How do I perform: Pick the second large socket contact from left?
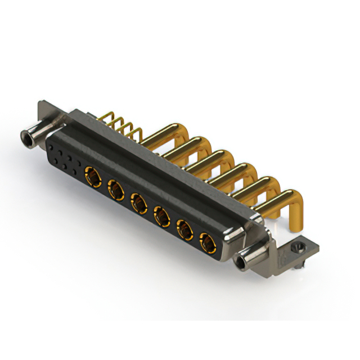point(115,188)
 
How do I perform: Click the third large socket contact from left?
point(138,201)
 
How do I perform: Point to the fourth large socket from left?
point(162,215)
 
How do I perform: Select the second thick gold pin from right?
point(256,186)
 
